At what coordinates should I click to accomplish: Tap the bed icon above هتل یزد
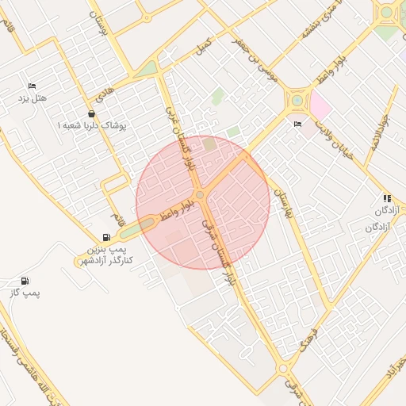coord(32,86)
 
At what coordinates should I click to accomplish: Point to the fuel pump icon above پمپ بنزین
coord(106,237)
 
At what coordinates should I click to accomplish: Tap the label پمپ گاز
coord(25,293)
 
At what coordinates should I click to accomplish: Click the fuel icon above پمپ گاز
coord(25,281)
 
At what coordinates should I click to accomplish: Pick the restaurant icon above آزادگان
coord(387,198)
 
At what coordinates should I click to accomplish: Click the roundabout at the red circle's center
coord(201,194)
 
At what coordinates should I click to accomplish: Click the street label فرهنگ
coord(310,337)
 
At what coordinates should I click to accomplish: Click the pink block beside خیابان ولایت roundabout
coord(319,104)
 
